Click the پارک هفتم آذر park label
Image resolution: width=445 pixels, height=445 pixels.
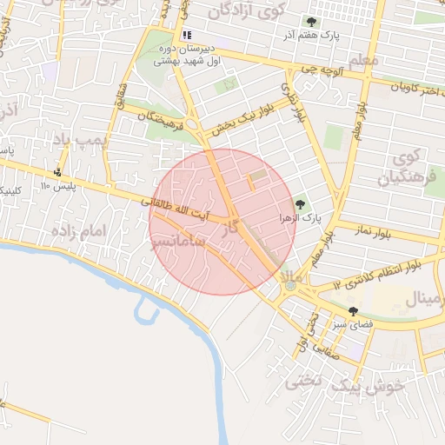(309, 36)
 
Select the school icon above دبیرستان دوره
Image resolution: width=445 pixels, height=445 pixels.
(186, 35)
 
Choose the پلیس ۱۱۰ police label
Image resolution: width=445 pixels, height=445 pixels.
(57, 187)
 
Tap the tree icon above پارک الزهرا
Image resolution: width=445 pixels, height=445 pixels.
(300, 203)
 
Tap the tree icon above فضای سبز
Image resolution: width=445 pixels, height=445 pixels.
(352, 310)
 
